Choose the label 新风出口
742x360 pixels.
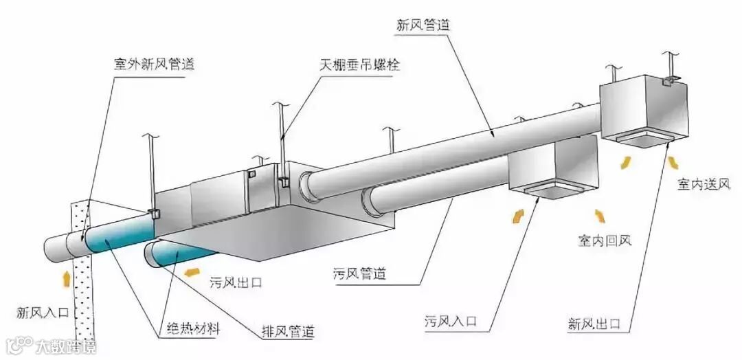coord(594,322)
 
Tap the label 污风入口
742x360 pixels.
coord(451,321)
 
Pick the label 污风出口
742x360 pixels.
coord(236,282)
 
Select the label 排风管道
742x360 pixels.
coord(288,331)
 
